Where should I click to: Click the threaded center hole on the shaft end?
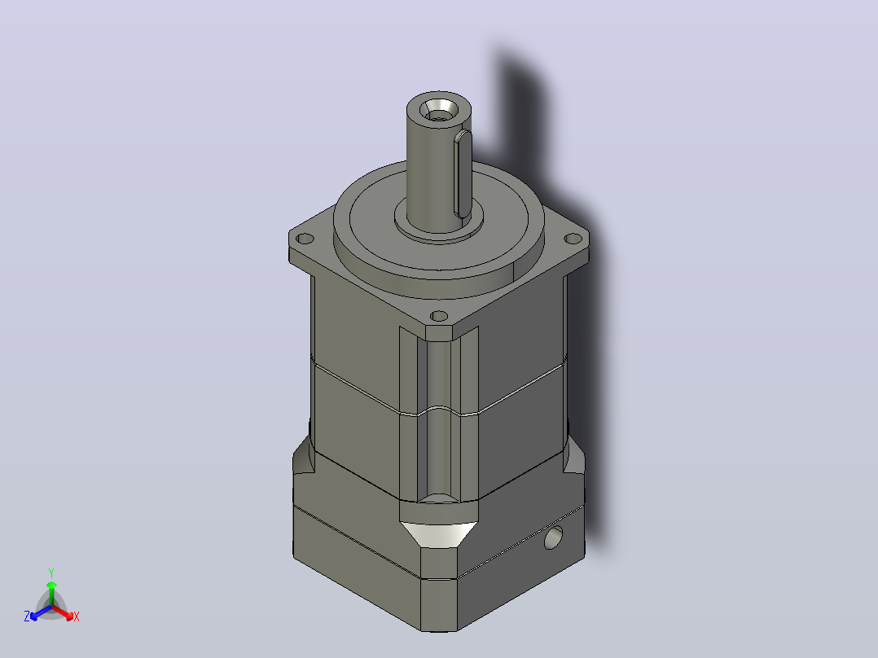pyautogui.click(x=438, y=110)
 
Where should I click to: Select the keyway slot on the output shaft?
pyautogui.click(x=463, y=173)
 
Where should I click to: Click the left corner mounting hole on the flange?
pyautogui.click(x=305, y=239)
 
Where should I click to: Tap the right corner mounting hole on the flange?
pyautogui.click(x=573, y=239)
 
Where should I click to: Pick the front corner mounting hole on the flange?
pyautogui.click(x=439, y=317)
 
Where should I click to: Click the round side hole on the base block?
pyautogui.click(x=553, y=537)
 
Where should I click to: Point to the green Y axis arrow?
pyautogui.click(x=51, y=594)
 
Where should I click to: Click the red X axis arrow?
pyautogui.click(x=63, y=612)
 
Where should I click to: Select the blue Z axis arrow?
pyautogui.click(x=41, y=612)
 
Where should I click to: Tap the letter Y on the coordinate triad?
pyautogui.click(x=51, y=572)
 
